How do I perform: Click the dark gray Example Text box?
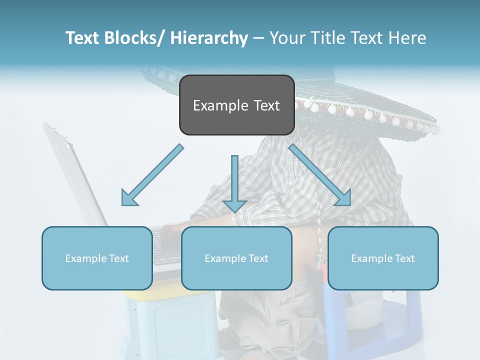click(236, 105)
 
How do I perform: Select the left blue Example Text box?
click(97, 258)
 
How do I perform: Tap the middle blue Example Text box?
click(236, 258)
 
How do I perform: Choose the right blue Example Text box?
click(383, 258)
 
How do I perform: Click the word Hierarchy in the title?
click(209, 38)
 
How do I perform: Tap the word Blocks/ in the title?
click(134, 38)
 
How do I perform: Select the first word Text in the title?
click(83, 38)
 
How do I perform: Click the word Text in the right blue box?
click(404, 258)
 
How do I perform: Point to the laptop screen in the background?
click(75, 175)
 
